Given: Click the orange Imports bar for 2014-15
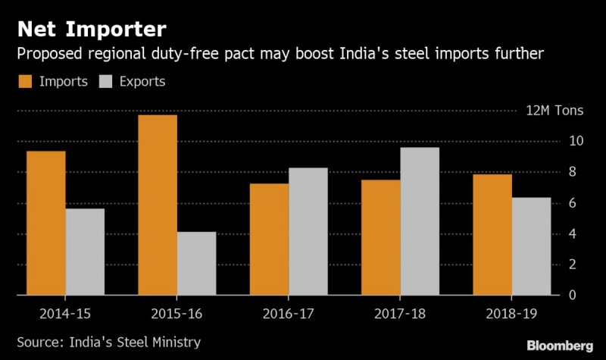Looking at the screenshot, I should tap(45, 223).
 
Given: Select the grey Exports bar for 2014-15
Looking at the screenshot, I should tap(85, 252).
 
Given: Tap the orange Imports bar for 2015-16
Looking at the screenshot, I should tap(157, 205).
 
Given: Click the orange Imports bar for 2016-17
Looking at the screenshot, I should tap(268, 239).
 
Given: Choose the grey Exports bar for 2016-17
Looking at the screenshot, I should tap(308, 231).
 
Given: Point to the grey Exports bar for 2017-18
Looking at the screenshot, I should tap(419, 221).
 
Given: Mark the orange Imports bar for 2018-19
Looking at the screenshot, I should tap(492, 234).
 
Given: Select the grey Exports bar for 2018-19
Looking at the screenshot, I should tap(531, 246).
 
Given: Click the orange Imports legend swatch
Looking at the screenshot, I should tap(25, 81).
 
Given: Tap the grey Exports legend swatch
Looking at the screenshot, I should tap(106, 81).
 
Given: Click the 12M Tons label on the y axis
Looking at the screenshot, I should tap(554, 111).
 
